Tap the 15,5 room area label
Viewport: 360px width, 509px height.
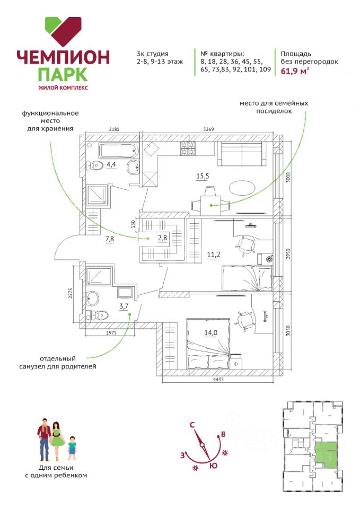click(x=203, y=176)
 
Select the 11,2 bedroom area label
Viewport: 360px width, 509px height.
click(x=213, y=254)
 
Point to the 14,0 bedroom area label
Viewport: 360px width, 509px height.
click(x=210, y=332)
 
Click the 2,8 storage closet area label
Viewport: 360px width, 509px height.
click(x=162, y=238)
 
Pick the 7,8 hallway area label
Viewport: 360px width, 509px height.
click(x=109, y=240)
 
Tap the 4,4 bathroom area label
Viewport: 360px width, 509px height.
click(x=111, y=164)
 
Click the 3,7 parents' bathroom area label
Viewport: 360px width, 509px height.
click(x=124, y=306)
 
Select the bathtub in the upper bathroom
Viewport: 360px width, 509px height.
click(x=119, y=151)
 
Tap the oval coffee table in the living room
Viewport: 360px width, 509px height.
click(x=242, y=188)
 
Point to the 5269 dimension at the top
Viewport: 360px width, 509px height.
click(x=209, y=129)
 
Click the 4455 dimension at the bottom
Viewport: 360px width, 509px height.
click(x=218, y=380)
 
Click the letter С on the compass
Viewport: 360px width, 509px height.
click(x=192, y=425)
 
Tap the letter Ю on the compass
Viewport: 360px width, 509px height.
click(x=213, y=466)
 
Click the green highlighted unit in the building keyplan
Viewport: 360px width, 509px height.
click(x=326, y=455)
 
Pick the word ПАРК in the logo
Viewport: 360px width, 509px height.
click(x=63, y=74)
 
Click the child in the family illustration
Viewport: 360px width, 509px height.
click(x=72, y=448)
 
